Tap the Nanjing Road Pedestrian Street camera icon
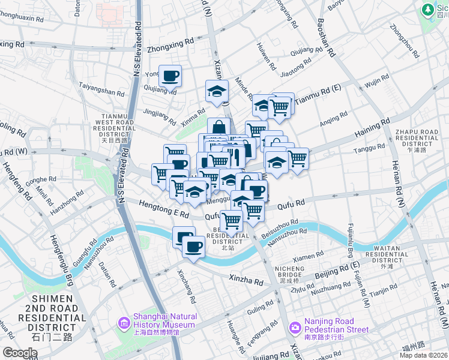click(x=295, y=328)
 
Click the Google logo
click(x=19, y=353)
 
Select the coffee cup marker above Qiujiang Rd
click(x=170, y=76)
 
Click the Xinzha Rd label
click(x=247, y=280)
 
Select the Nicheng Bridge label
click(x=290, y=274)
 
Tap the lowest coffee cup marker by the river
click(x=193, y=247)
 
